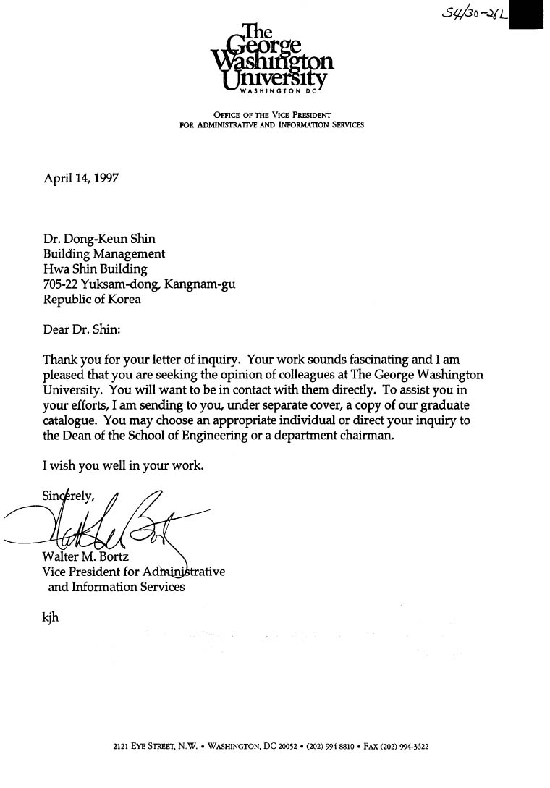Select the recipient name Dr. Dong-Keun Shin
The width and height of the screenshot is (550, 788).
99,240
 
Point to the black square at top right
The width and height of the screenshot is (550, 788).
526,14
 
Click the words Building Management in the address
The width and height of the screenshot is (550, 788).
104,254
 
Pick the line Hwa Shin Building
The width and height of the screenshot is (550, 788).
95,269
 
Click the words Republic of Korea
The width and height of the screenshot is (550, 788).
92,300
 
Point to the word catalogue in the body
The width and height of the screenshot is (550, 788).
69,420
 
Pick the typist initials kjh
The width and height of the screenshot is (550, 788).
51,618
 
